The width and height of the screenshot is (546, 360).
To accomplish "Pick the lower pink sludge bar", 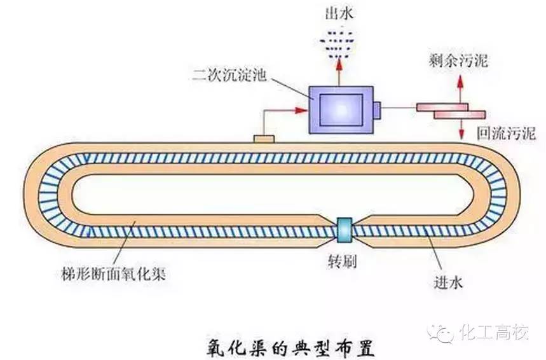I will (x=460, y=114).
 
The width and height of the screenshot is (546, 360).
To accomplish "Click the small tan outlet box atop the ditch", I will (x=264, y=138).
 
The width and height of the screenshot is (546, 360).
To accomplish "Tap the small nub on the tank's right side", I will (x=377, y=109).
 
